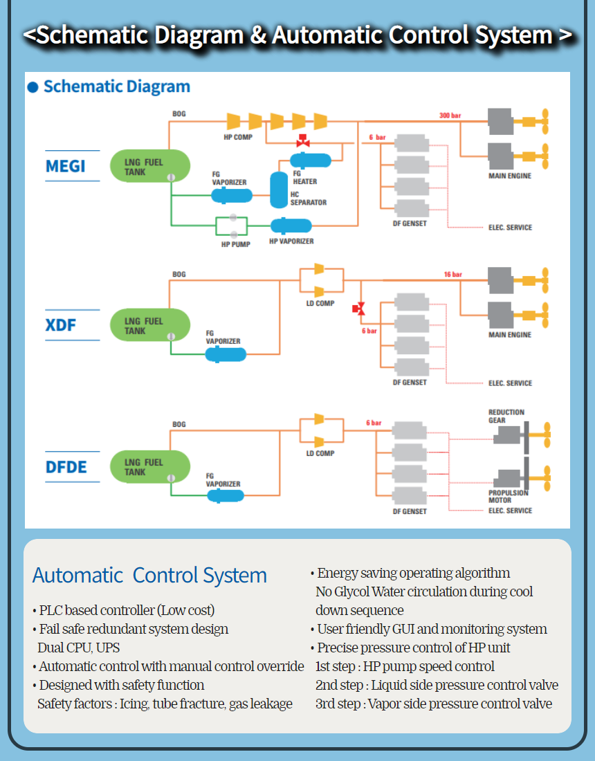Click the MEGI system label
click(x=66, y=167)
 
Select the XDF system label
click(x=61, y=325)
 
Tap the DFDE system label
click(x=66, y=468)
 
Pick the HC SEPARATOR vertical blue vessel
click(x=278, y=186)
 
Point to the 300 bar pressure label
click(x=450, y=115)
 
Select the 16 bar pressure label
click(x=452, y=275)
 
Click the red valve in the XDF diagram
click(x=359, y=309)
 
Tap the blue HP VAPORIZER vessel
click(x=291, y=226)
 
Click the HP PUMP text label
click(x=235, y=244)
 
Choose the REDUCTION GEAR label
click(x=506, y=416)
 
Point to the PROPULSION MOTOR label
click(x=508, y=496)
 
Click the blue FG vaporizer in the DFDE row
click(x=225, y=496)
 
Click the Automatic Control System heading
click(x=149, y=576)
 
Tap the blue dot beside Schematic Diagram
click(x=33, y=88)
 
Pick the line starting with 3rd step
click(x=433, y=704)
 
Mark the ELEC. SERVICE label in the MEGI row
click(x=510, y=228)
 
